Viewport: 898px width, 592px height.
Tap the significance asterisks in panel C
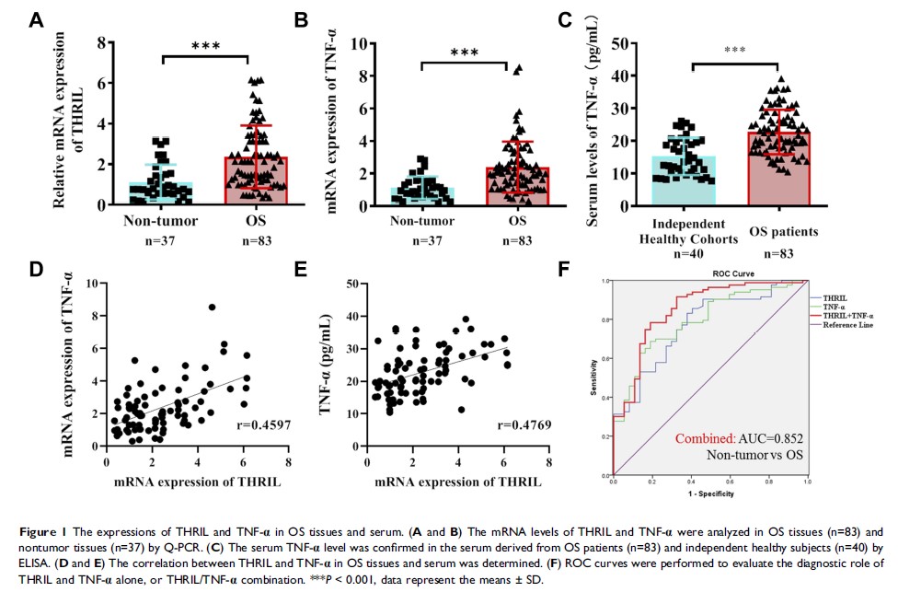734,51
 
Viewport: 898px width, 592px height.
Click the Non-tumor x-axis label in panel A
161,221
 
